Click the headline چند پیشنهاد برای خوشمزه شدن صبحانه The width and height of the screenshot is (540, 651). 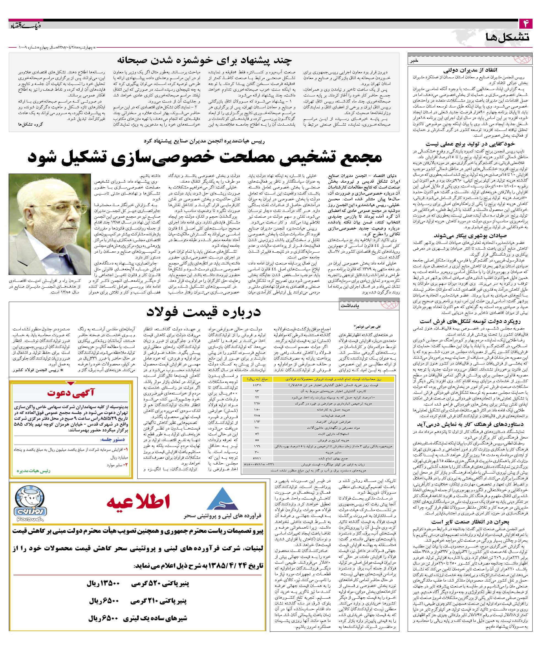[204, 60]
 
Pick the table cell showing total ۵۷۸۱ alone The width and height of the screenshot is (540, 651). [257, 458]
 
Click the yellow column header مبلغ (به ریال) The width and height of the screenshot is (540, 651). [257, 379]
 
